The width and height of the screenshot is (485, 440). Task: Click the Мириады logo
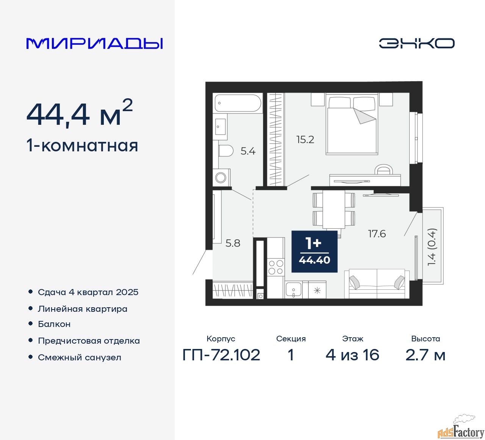pos(94,44)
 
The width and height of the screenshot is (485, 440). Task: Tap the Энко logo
pos(416,43)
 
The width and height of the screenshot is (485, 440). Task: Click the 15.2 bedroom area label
pos(305,140)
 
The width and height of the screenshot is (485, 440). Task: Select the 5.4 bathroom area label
pos(248,151)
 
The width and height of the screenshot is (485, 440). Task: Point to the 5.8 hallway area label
pos(233,243)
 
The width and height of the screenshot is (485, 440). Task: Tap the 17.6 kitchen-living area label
pos(377,234)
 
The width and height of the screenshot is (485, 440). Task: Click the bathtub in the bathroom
pos(238,103)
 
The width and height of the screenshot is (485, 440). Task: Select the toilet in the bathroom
pos(225,151)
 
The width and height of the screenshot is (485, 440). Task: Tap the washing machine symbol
pos(221,178)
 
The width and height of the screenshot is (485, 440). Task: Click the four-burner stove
pos(276,267)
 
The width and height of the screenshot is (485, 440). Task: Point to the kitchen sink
pos(293,289)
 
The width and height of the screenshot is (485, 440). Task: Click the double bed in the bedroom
pos(352,124)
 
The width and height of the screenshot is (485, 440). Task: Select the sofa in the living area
pos(377,284)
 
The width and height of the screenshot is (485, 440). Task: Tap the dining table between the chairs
pos(334,209)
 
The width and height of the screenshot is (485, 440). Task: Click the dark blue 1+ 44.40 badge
pos(314,251)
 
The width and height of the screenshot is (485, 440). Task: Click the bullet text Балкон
pos(54,324)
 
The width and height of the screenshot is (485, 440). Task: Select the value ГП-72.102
pos(221,355)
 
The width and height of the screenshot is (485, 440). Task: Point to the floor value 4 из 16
pos(352,355)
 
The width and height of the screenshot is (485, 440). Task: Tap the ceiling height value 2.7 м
pos(425,355)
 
